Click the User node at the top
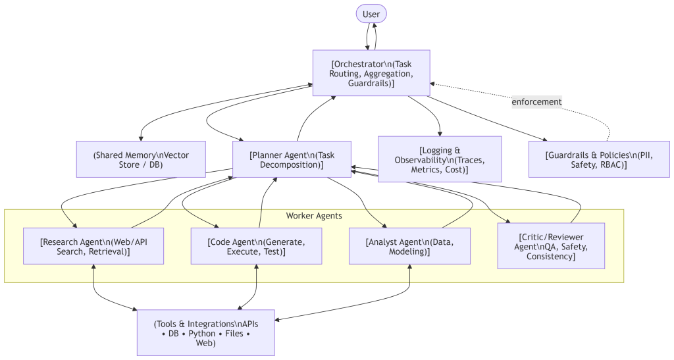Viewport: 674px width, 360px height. pos(371,14)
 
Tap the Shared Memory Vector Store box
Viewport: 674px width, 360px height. pos(140,159)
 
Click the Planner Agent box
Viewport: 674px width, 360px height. pos(292,159)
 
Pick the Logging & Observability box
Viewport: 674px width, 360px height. pos(440,159)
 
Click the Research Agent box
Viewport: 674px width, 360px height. pos(93,246)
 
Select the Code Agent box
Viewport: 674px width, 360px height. pos(256,246)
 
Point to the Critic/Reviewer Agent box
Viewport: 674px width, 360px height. pos(550,246)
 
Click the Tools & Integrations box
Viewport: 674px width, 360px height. pos(205,333)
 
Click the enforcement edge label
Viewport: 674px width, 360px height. pos(537,102)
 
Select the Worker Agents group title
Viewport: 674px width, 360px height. pos(314,216)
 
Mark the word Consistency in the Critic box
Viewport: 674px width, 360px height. pos(551,256)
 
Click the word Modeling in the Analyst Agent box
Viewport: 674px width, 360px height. pos(409,252)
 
